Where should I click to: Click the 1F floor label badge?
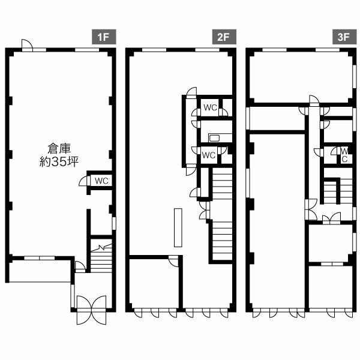point(104,37)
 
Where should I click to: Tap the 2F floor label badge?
point(224,37)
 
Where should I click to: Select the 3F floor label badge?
point(344,37)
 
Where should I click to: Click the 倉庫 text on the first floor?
point(59,149)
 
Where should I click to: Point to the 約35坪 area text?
point(59,161)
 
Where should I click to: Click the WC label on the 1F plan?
point(101,181)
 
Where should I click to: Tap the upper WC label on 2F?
point(211,107)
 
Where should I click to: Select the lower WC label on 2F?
point(209,155)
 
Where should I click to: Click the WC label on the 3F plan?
point(344,155)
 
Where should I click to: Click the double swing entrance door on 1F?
point(91,310)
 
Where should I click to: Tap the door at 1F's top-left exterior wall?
point(27,45)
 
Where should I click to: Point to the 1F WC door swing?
point(84,181)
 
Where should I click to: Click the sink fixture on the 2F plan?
point(214,138)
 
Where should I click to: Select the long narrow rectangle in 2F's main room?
point(178,227)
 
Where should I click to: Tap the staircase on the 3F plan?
point(338,191)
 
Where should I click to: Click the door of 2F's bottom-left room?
point(173,261)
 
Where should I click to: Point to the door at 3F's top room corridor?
point(314,101)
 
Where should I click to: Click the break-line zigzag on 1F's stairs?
point(101,248)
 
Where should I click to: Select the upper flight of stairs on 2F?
point(222,183)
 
